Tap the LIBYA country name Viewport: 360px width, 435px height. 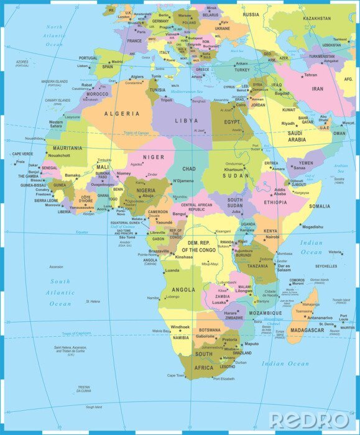187,121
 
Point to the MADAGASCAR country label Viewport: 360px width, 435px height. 307,330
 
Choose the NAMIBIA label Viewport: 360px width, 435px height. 180,337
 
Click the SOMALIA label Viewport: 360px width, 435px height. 320,206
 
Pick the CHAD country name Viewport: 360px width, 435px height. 188,169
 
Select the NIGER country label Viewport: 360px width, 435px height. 154,157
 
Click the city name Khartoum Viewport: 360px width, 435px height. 234,170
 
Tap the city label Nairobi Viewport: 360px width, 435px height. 272,237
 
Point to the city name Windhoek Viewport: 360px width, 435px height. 180,327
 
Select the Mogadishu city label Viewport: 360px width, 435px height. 313,227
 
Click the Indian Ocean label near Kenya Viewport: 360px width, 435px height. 312,247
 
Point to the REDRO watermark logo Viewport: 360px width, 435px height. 309,419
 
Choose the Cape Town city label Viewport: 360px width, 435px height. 176,375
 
